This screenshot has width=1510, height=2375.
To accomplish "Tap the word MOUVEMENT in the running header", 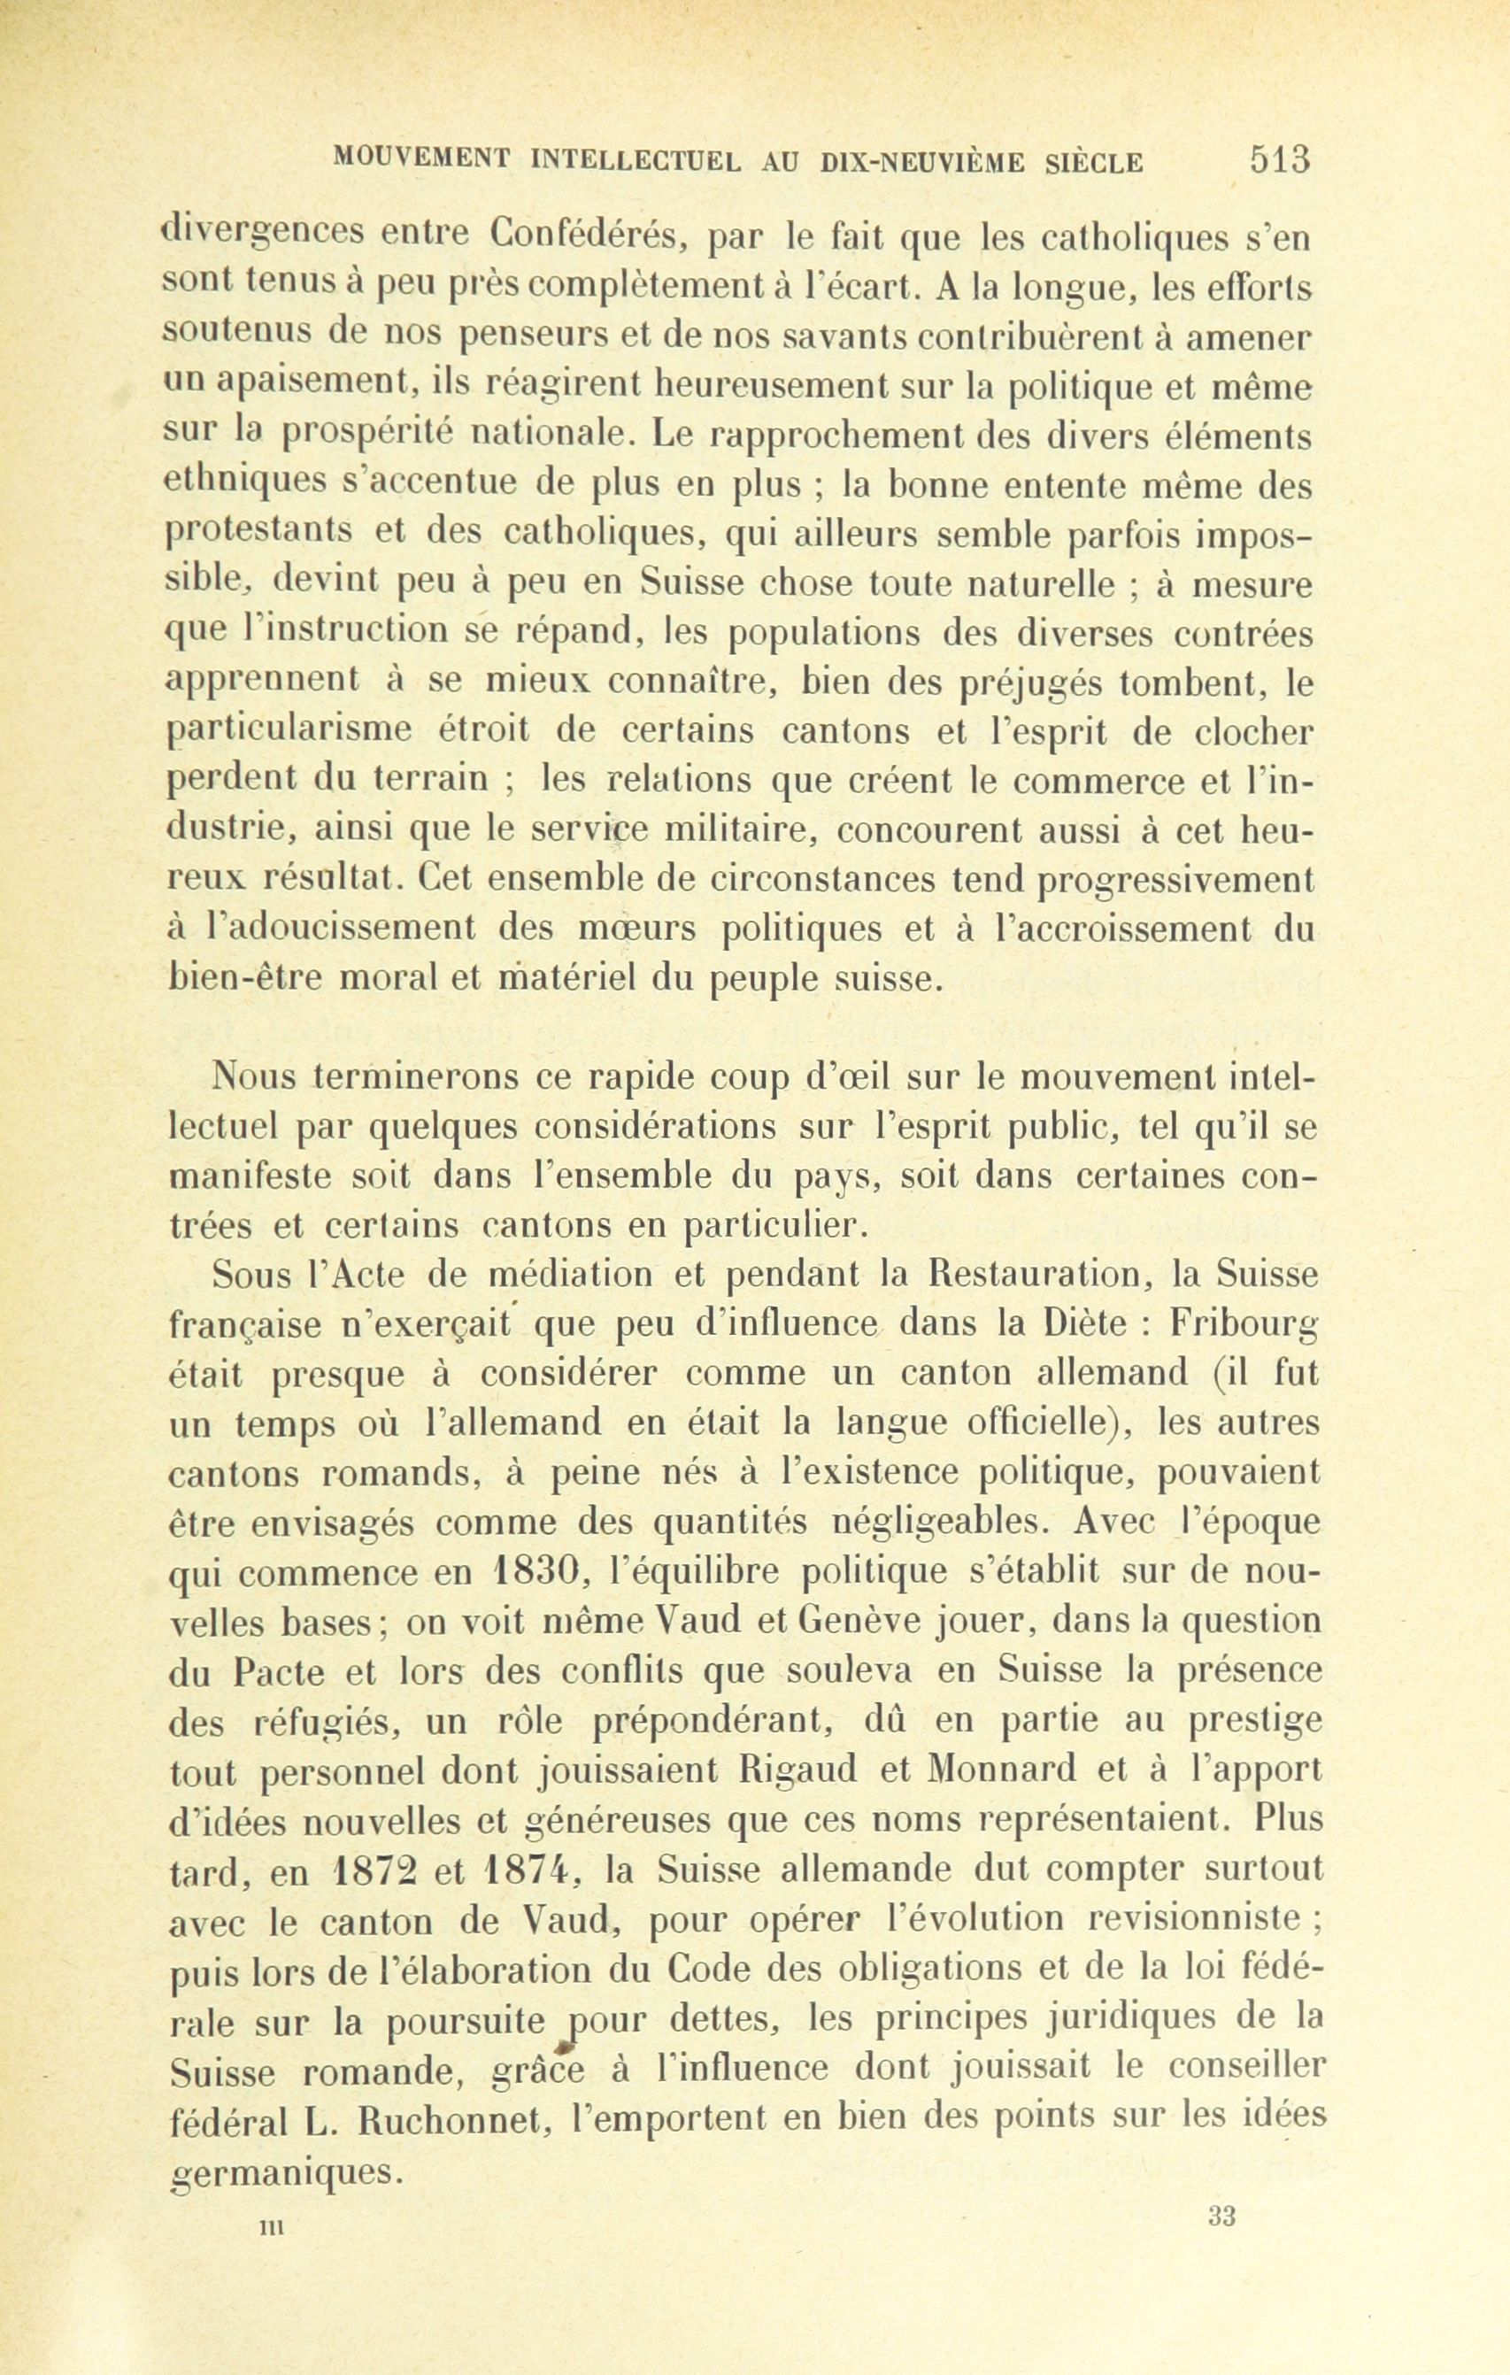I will point(421,158).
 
